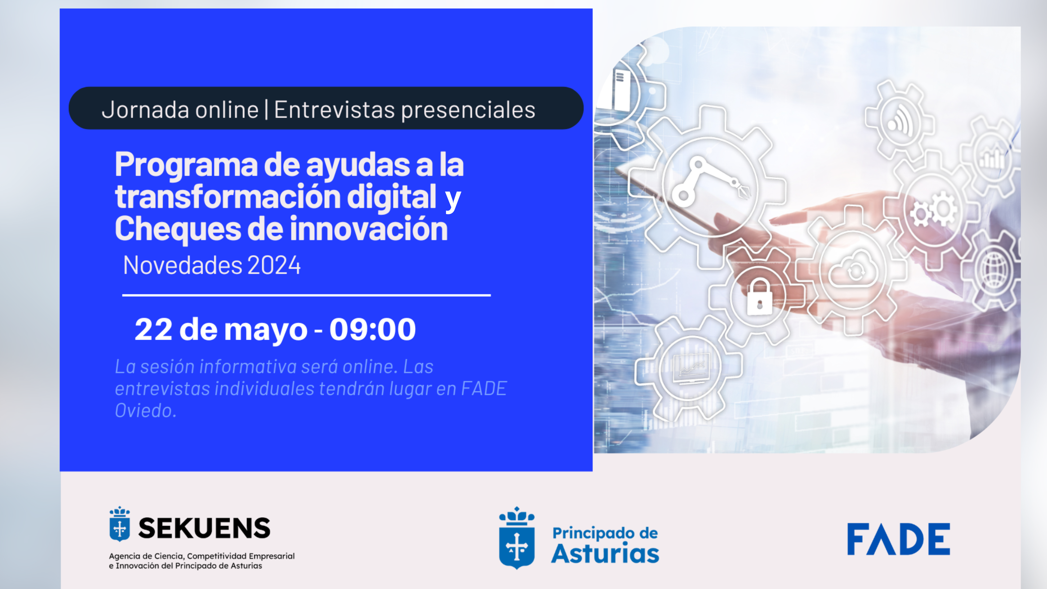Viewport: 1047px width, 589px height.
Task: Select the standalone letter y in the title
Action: tap(453, 200)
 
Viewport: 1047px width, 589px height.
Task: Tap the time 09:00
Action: tap(372, 329)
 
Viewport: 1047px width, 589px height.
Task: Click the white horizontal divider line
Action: tap(307, 295)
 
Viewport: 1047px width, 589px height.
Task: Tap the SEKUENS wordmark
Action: tap(204, 528)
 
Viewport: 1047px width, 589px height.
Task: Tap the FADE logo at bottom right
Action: tap(898, 539)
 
